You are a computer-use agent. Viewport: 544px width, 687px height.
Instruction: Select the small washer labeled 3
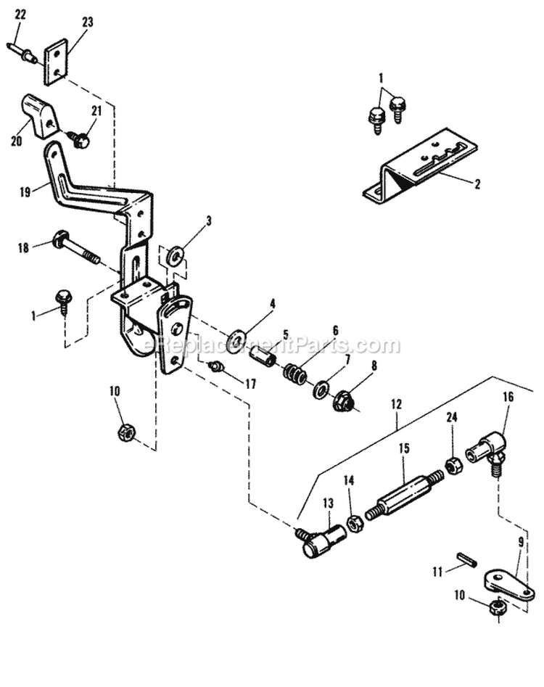pyautogui.click(x=175, y=256)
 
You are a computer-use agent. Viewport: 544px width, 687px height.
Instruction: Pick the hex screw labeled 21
pyautogui.click(x=78, y=139)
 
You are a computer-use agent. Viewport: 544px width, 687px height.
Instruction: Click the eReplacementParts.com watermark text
pyautogui.click(x=272, y=345)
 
